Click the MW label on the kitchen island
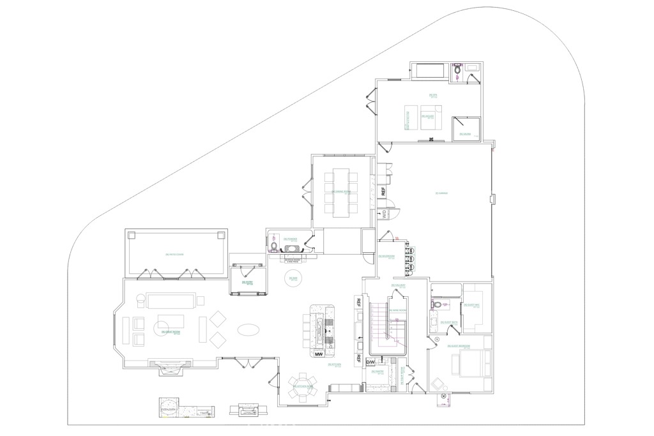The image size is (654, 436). pyautogui.click(x=318, y=353)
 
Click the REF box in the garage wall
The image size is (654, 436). pyautogui.click(x=383, y=190)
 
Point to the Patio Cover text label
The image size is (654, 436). pyautogui.click(x=174, y=254)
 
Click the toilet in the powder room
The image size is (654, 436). pyautogui.click(x=275, y=244)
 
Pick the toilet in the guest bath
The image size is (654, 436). pyautogui.click(x=438, y=305)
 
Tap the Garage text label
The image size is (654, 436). pyautogui.click(x=439, y=193)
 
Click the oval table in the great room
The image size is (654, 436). pyautogui.click(x=248, y=330)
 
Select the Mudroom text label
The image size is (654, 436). pyautogui.click(x=386, y=257)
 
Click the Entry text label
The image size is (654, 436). pyautogui.click(x=243, y=282)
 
